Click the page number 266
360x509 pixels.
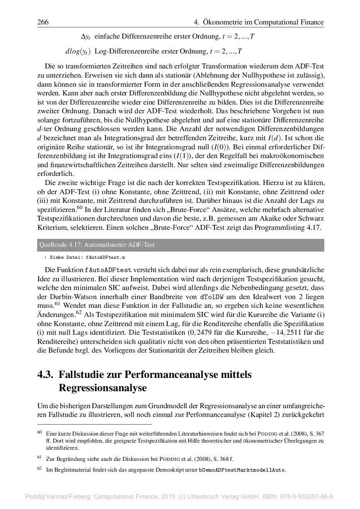coord(43,22)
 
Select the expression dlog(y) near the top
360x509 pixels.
coord(78,52)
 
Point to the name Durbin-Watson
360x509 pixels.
coord(66,297)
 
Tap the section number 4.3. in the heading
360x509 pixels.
coord(45,375)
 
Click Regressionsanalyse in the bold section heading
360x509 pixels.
coord(103,388)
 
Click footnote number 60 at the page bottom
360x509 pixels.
coord(40,433)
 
